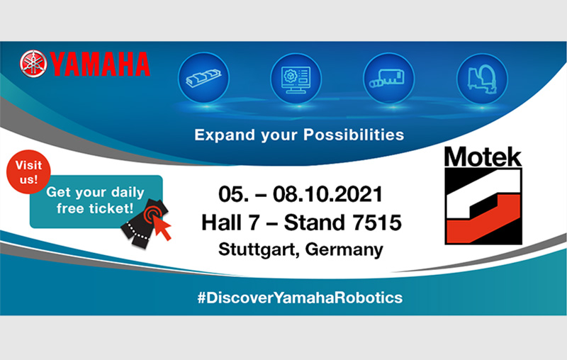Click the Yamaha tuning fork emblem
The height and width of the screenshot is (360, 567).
coord(33,64)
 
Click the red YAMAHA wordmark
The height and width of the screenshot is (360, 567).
coord(100,64)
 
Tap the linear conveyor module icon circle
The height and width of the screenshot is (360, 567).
coord(204,78)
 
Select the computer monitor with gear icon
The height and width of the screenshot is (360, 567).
coord(296,79)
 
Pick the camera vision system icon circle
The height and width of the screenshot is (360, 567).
coord(388,79)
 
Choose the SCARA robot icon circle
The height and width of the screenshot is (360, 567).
coord(483,79)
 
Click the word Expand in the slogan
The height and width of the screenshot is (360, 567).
coord(225,135)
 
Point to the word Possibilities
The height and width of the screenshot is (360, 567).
coord(354,135)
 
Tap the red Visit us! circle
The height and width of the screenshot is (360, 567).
coord(28,171)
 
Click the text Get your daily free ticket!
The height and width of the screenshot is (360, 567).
coord(95,200)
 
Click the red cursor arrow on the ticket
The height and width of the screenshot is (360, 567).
coord(162,227)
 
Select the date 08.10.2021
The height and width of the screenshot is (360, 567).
coord(327,194)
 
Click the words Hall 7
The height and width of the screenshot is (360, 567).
coord(231,223)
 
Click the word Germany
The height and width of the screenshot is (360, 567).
coord(344,249)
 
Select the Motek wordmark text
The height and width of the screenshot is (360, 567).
coord(483,157)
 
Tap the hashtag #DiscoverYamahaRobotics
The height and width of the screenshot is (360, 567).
coord(300,298)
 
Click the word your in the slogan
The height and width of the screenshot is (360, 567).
coord(279,136)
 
